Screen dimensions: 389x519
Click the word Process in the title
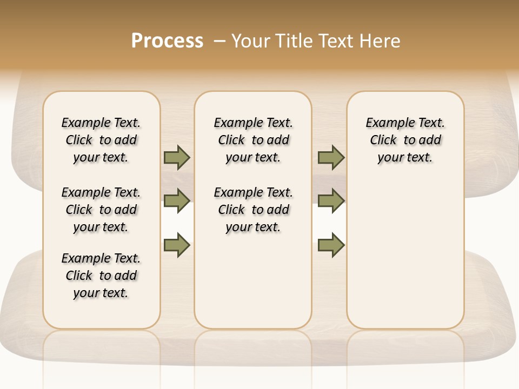167,41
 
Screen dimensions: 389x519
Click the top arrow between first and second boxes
177,157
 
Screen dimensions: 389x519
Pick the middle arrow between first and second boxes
177,201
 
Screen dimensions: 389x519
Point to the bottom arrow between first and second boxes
177,245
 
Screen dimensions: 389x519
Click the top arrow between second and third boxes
331,157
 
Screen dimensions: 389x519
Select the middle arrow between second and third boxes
331,201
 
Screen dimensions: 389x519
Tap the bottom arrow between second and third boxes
331,245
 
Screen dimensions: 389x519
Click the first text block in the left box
101,140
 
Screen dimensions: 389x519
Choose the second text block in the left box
101,210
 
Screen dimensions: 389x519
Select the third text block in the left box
101,276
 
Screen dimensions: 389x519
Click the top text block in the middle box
254,140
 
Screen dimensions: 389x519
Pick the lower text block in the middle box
254,210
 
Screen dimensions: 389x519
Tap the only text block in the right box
405,140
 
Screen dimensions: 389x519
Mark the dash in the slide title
219,41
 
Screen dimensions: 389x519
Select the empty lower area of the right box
405,254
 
